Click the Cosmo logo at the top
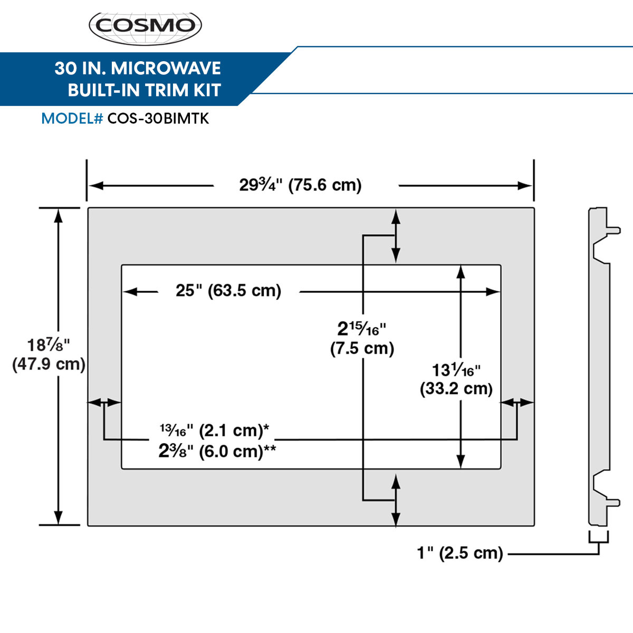click(146, 26)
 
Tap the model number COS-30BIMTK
click(158, 119)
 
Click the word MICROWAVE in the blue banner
click(166, 69)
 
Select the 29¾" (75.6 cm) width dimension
click(301, 185)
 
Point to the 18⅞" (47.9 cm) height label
click(49, 354)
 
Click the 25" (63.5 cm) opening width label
click(228, 291)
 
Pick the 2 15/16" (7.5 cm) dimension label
click(362, 338)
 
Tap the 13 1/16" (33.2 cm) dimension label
click(456, 379)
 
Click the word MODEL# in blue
click(72, 119)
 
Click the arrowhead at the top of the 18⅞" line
click(59, 214)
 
